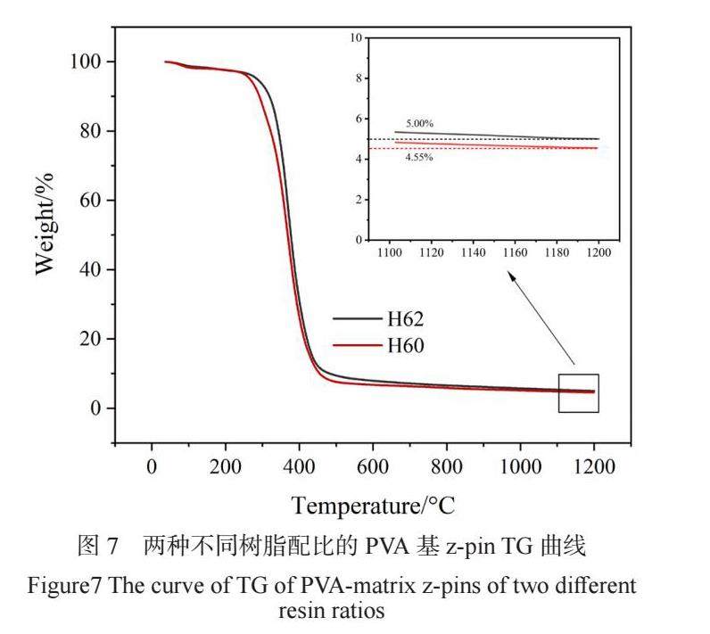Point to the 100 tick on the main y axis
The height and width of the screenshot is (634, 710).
pyautogui.click(x=89, y=62)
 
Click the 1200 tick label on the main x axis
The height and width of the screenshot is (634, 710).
pyautogui.click(x=593, y=466)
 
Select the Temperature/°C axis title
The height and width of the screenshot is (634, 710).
pyautogui.click(x=373, y=506)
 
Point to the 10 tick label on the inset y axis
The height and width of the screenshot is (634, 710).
pyautogui.click(x=358, y=38)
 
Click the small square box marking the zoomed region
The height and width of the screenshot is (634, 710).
pyautogui.click(x=578, y=393)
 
